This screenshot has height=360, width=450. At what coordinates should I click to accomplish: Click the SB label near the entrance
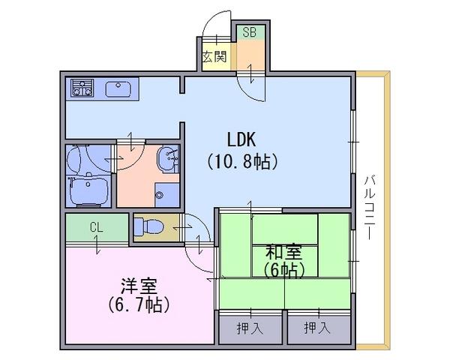[x=249, y=32]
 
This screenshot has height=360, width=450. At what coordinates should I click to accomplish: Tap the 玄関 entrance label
[x=214, y=57]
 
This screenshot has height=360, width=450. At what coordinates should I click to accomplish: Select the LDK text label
[x=241, y=139]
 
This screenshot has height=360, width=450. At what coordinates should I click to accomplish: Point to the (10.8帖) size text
[x=242, y=162]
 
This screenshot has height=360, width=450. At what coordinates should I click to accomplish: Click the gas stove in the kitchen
[x=82, y=88]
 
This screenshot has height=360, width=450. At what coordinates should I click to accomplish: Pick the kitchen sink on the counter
[x=118, y=89]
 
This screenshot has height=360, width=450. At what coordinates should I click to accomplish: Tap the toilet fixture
[x=148, y=226]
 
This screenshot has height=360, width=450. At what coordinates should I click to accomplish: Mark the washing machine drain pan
[x=167, y=195]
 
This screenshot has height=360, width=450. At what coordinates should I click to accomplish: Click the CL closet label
[x=97, y=228]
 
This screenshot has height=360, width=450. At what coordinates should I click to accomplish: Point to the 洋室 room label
[x=139, y=286]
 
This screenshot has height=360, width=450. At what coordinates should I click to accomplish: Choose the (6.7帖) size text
[x=139, y=305]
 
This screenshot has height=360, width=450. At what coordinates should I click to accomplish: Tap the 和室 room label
[x=283, y=252]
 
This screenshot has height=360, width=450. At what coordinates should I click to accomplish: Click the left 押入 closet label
[x=250, y=328]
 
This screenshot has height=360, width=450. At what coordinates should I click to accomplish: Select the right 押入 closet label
[x=317, y=328]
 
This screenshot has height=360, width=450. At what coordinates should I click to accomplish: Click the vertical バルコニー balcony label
[x=370, y=207]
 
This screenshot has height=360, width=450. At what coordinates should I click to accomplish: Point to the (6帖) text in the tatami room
[x=283, y=270]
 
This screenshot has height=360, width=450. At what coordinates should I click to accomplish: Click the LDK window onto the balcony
[x=353, y=142]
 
